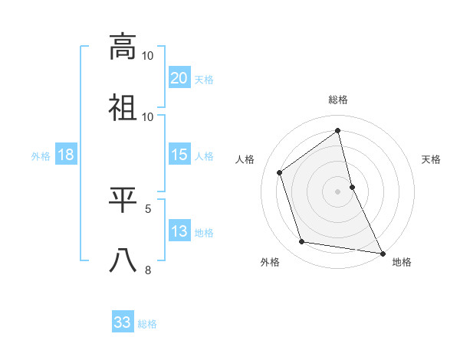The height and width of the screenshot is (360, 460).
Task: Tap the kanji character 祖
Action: (x=123, y=107)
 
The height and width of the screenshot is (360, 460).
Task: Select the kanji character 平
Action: (x=123, y=199)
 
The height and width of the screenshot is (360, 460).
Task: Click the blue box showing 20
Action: (x=179, y=77)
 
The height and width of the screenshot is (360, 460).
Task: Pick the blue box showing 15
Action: (x=179, y=155)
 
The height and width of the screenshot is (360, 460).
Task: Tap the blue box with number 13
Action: (x=179, y=231)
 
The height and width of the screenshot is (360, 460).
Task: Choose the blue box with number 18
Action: (x=65, y=155)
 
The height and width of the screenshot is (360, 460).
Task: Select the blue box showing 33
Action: (x=123, y=322)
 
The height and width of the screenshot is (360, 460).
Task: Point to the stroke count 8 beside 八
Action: (x=149, y=270)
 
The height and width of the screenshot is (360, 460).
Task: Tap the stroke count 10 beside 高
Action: (x=148, y=55)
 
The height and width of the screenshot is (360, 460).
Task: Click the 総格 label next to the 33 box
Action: (x=147, y=324)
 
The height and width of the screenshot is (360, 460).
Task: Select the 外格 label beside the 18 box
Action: (x=41, y=156)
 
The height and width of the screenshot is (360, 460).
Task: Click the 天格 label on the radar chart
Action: (x=432, y=159)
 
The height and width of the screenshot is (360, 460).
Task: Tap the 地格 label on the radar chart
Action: (x=402, y=262)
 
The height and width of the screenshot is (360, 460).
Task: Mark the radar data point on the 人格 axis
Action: (x=280, y=172)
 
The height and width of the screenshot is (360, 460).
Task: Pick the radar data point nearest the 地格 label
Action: (x=382, y=252)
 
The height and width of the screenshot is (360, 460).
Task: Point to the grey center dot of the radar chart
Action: (x=338, y=191)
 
